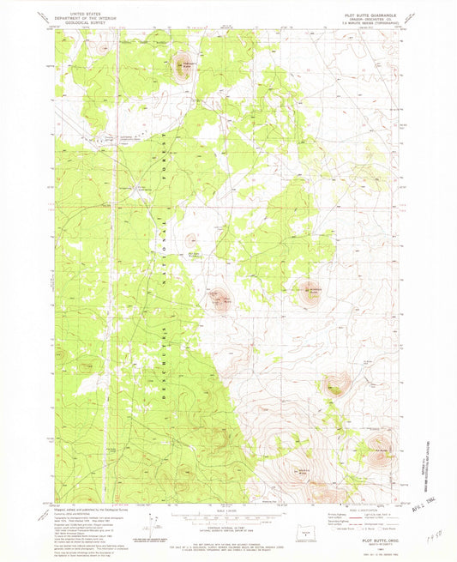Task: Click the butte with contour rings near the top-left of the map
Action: click(182, 68)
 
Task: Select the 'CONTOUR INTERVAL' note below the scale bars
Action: click(228, 527)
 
